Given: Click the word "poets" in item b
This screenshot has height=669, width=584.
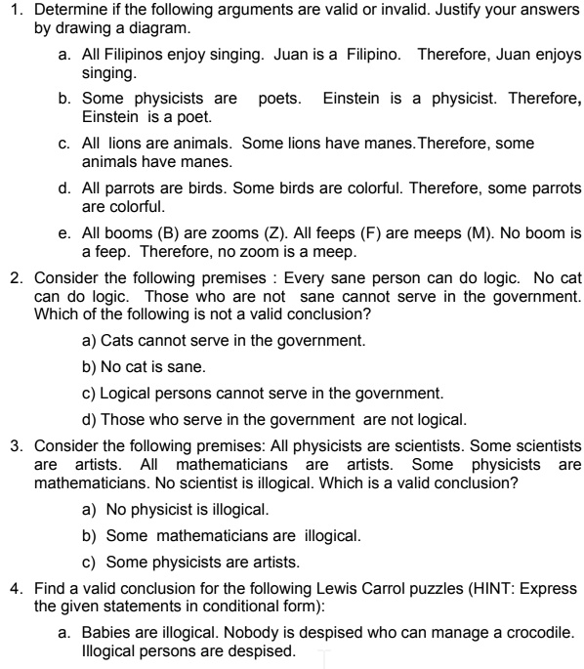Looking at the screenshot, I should pos(280,99).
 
